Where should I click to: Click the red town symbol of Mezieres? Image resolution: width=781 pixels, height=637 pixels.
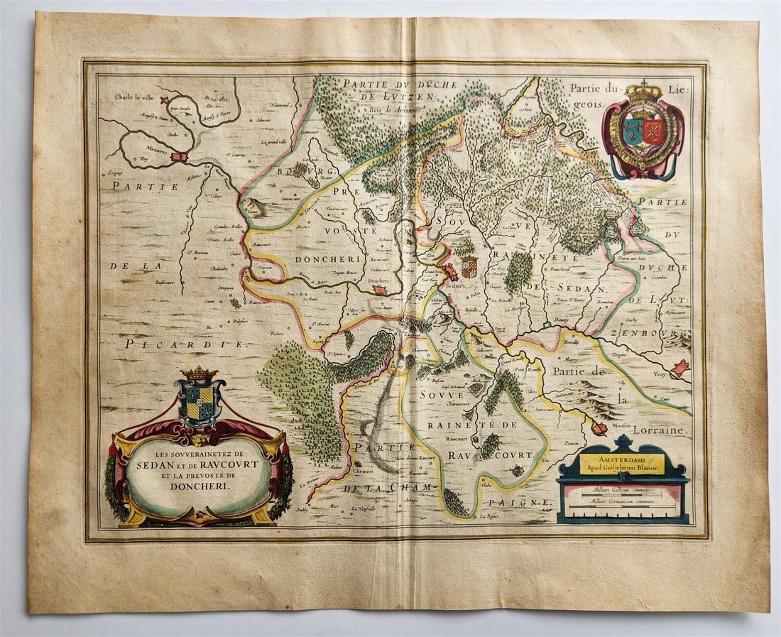pos(177,156)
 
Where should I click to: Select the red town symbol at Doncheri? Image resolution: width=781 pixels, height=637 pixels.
pos(381,290)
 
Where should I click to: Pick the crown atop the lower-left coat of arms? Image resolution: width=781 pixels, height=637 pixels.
pos(200,373)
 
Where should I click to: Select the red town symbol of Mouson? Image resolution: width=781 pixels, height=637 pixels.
pos(599,428)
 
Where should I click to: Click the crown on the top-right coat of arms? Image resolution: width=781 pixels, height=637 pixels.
pos(643,90)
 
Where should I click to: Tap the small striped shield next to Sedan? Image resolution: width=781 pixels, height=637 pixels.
pos(469,268)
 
